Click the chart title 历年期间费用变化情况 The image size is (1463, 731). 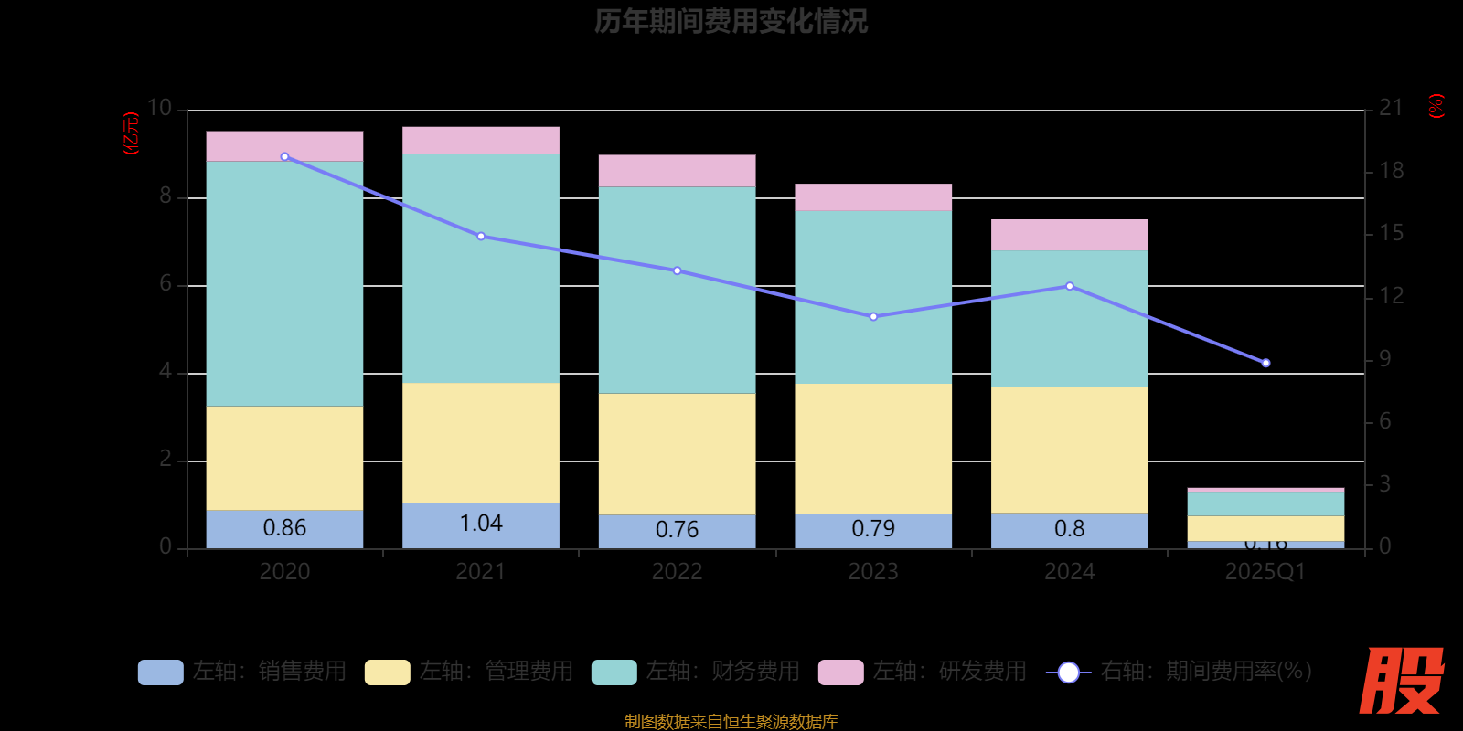tap(731, 21)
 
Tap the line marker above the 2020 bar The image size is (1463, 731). tap(284, 157)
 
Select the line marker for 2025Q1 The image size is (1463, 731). tap(1265, 363)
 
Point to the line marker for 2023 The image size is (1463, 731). tap(873, 317)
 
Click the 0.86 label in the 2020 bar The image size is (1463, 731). tap(284, 528)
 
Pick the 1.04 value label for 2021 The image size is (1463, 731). tap(481, 524)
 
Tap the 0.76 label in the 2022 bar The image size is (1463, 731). tap(677, 530)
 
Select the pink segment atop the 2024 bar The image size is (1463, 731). tap(1069, 235)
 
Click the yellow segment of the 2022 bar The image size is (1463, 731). tap(677, 454)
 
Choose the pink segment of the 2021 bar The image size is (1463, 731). tap(481, 140)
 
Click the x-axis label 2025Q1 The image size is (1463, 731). tap(1265, 572)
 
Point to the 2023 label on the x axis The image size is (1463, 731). tap(873, 572)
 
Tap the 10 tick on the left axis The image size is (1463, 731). tap(160, 109)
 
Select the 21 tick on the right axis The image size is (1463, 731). tap(1391, 109)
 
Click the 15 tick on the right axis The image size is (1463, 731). tap(1391, 234)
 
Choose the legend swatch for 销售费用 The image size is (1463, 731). tap(160, 673)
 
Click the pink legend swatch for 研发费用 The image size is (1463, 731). tap(840, 673)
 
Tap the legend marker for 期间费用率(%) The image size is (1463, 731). tap(1068, 673)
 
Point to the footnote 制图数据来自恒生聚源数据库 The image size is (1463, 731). tap(731, 722)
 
